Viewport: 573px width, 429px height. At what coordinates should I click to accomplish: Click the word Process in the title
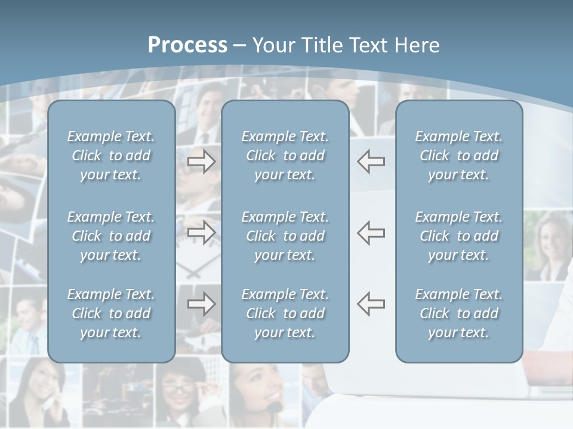pyautogui.click(x=187, y=45)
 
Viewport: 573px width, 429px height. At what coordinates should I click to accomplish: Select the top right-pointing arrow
pyautogui.click(x=202, y=161)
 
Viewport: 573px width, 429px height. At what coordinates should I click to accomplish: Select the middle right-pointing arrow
pyautogui.click(x=202, y=232)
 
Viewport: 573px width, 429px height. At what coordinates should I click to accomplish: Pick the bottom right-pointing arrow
pyautogui.click(x=202, y=304)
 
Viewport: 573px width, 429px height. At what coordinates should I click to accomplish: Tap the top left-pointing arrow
pyautogui.click(x=371, y=161)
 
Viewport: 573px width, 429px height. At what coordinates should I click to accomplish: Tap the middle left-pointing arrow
pyautogui.click(x=371, y=232)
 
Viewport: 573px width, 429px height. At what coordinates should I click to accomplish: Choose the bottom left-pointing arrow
pyautogui.click(x=371, y=304)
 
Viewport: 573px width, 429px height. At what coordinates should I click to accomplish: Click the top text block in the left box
pyautogui.click(x=111, y=156)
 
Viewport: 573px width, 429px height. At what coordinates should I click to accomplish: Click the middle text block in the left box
pyautogui.click(x=111, y=236)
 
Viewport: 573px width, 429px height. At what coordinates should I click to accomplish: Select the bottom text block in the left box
pyautogui.click(x=111, y=313)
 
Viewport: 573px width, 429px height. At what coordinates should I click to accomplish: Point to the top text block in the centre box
pyautogui.click(x=285, y=156)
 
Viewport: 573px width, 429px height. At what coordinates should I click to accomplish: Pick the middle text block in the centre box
pyautogui.click(x=285, y=236)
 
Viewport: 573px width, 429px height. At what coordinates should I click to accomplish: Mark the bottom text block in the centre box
pyautogui.click(x=285, y=313)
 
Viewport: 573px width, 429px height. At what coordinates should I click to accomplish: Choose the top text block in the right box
pyautogui.click(x=459, y=156)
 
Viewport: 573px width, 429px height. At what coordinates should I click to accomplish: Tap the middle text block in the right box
pyautogui.click(x=459, y=236)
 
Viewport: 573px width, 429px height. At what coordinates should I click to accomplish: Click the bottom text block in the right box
pyautogui.click(x=459, y=313)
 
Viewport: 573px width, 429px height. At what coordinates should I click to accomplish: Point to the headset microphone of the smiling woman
pyautogui.click(x=275, y=407)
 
